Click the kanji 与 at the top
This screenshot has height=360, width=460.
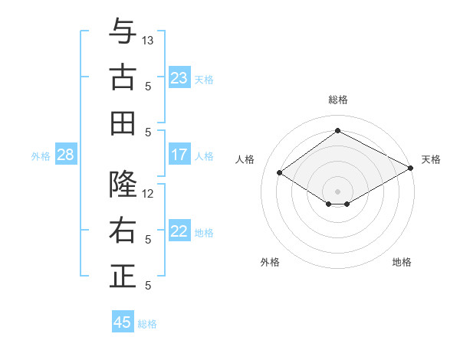[123, 31]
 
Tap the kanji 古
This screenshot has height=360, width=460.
[123, 77]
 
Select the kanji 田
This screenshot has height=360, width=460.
[123, 123]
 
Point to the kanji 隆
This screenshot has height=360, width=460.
[123, 185]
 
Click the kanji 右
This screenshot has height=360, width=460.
[123, 231]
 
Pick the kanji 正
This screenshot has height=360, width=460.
[123, 277]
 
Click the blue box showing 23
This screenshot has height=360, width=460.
[179, 78]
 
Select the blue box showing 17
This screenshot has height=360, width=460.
[179, 155]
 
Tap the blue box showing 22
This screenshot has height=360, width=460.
[179, 231]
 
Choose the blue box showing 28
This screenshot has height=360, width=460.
[65, 155]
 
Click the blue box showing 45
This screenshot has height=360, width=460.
[123, 322]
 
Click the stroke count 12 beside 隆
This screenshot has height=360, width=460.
[148, 194]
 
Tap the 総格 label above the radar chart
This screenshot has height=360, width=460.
[337, 100]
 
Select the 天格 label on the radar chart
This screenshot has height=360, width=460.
[431, 159]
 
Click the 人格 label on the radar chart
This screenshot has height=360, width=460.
[245, 159]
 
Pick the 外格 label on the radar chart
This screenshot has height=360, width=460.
[270, 262]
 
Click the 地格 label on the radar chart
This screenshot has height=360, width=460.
[402, 262]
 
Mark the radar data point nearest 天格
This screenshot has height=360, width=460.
[411, 169]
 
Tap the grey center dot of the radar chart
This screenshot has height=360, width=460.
[337, 191]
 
